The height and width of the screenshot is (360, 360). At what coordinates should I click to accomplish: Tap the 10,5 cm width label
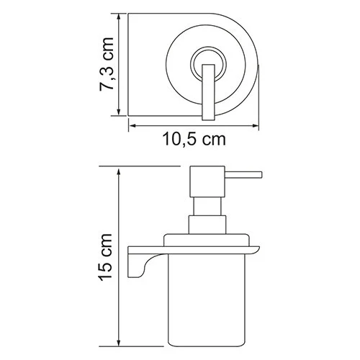point(192,140)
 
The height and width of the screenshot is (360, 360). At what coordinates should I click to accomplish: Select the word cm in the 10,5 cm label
point(213,140)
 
